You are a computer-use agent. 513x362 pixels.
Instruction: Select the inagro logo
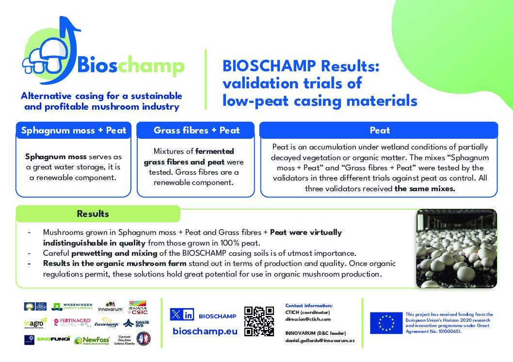(35, 323)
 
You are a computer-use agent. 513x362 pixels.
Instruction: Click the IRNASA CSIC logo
(138, 307)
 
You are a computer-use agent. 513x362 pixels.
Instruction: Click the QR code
(259, 321)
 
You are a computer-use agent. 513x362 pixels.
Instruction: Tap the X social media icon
(176, 314)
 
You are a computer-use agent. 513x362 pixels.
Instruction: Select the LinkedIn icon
(188, 314)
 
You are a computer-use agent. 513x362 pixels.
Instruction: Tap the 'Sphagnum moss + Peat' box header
(73, 130)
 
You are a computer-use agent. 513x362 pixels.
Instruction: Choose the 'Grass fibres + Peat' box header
(196, 130)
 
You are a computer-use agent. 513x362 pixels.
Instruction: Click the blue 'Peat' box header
(379, 130)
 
